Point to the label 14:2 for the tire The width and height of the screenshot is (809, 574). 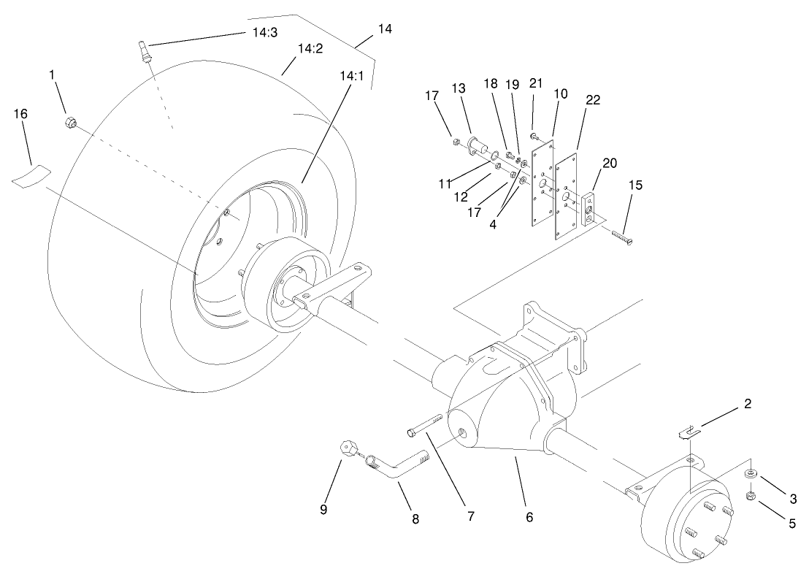click(x=309, y=49)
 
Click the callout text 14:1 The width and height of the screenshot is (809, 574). click(x=351, y=75)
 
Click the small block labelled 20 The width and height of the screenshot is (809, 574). click(x=589, y=207)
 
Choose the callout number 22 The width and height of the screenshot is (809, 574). click(x=592, y=100)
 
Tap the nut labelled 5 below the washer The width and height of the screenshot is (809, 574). click(x=752, y=497)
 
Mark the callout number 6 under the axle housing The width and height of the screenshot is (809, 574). click(x=529, y=517)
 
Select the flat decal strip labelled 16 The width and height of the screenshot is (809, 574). click(x=31, y=175)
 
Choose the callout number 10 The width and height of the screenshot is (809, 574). click(x=560, y=94)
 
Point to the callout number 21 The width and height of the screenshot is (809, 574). click(x=535, y=85)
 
